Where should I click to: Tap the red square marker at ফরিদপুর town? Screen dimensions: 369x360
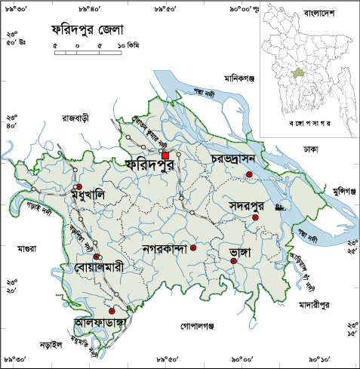tap(165, 155)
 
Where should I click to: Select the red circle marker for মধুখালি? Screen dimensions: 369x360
tap(78, 186)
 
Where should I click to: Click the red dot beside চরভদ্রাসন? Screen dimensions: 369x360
tap(249, 175)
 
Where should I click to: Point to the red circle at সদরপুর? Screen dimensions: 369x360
tap(255, 217)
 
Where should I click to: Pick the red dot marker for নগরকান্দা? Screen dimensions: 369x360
tap(193, 248)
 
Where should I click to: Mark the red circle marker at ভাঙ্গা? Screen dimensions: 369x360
tap(234, 261)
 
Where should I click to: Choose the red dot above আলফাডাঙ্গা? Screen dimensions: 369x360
tap(112, 311)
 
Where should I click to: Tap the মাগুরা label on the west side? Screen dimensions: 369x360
tap(28, 248)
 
